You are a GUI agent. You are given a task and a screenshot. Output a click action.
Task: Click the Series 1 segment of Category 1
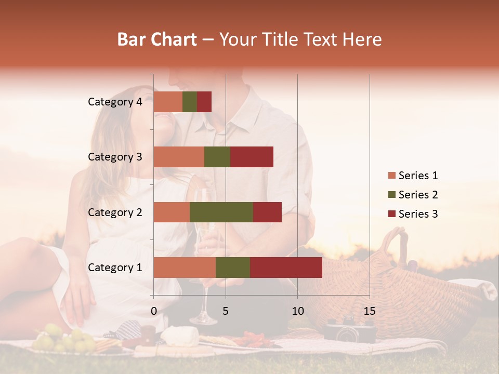[x=185, y=268]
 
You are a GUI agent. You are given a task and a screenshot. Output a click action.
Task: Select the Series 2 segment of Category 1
[x=233, y=268]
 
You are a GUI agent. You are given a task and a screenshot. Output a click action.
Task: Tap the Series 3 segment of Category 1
[x=286, y=268]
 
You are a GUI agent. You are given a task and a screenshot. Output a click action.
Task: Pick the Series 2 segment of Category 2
[x=221, y=212]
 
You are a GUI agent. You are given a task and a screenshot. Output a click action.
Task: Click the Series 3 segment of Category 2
[x=267, y=212]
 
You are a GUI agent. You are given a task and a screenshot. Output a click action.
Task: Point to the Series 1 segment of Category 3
[x=179, y=157]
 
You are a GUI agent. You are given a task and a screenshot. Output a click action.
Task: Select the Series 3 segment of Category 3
[x=252, y=157]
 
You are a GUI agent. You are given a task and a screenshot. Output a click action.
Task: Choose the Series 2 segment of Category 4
[x=190, y=102]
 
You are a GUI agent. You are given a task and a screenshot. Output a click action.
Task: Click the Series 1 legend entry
[x=413, y=176]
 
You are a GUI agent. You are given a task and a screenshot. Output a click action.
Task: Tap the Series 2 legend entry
[x=413, y=195]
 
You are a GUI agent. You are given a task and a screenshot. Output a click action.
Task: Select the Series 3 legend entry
[x=413, y=214]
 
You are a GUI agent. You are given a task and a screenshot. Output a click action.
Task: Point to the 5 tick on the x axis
[x=226, y=311]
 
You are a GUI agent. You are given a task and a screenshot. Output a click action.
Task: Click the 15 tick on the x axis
[x=369, y=311]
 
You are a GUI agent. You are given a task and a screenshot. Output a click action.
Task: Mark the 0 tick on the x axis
[x=154, y=311]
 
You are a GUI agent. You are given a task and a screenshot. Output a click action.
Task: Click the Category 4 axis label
[x=115, y=102]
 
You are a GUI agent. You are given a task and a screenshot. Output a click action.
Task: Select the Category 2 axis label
[x=115, y=212]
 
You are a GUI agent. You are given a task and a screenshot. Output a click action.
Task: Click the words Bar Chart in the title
[x=157, y=39]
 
